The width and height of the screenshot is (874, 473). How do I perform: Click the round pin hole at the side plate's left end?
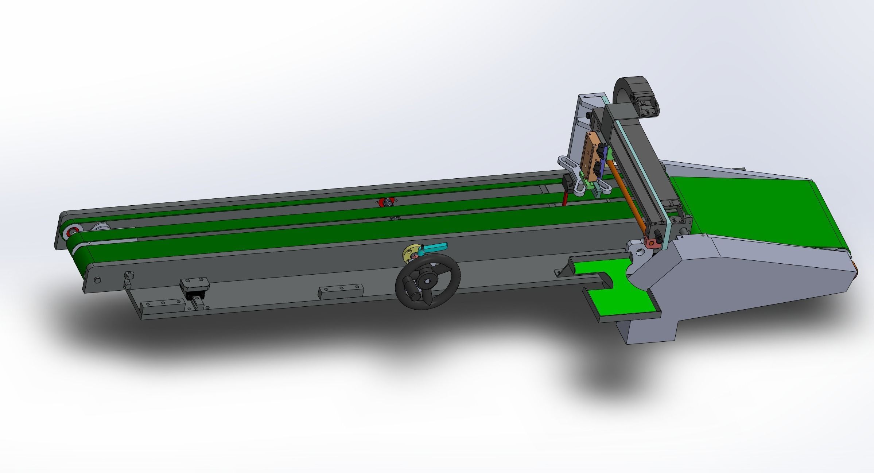pyautogui.click(x=97, y=280)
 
